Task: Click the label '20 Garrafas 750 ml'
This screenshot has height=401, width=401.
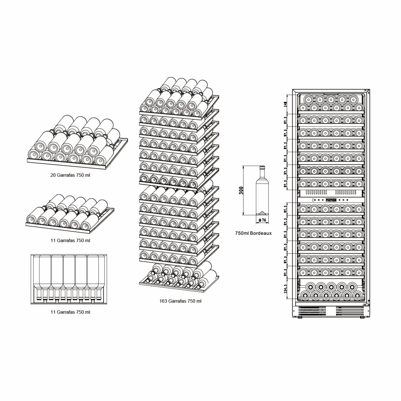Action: [x=70, y=175]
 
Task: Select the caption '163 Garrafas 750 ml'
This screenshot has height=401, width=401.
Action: [x=180, y=301]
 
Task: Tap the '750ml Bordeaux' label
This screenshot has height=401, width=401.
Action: [x=253, y=233]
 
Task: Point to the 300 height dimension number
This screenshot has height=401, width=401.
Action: [x=241, y=190]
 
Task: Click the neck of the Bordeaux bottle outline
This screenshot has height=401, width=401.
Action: [x=262, y=174]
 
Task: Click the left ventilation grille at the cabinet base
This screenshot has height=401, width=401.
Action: [x=312, y=311]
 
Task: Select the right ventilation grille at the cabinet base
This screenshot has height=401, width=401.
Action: [x=349, y=311]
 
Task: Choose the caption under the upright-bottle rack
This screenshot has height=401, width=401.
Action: [x=70, y=312]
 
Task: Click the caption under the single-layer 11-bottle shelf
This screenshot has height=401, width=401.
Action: [x=70, y=241]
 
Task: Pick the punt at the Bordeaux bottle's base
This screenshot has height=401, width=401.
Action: [x=262, y=214]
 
